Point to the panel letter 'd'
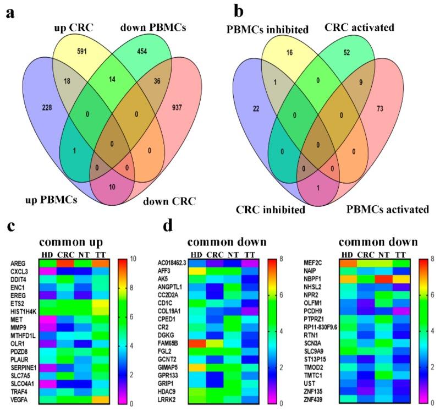(168, 227)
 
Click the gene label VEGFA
(19, 398)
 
